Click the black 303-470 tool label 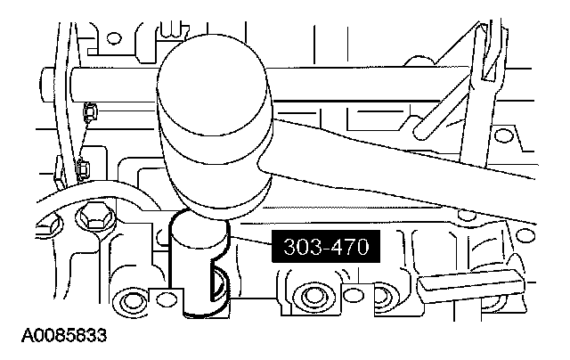tap(326, 247)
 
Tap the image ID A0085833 tap(64, 335)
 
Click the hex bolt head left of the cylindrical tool tap(92, 217)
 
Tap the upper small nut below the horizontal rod tap(89, 112)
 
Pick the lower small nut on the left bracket tap(83, 168)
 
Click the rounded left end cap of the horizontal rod tap(47, 85)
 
